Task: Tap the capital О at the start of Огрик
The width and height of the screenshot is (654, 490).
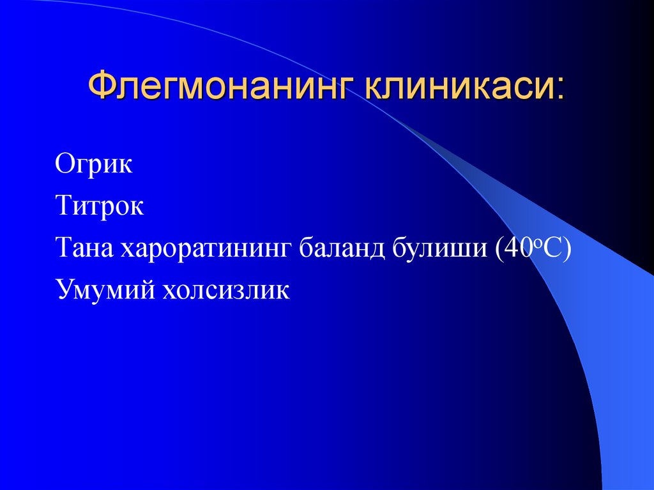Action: [64, 165]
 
